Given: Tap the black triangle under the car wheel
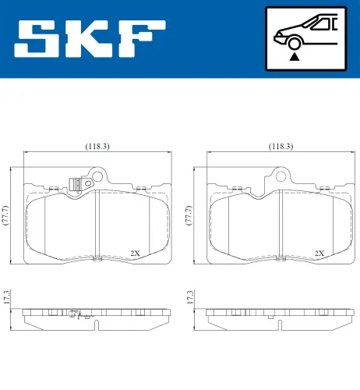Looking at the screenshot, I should [294, 56].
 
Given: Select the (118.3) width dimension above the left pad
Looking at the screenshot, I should [97, 146].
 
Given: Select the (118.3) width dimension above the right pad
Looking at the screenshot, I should [281, 146].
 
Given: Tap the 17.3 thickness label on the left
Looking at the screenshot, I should [7, 296].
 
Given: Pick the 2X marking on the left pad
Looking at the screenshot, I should [135, 253].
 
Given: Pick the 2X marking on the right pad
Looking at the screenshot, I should [319, 253].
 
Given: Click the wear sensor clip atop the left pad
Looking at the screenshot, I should [76, 184].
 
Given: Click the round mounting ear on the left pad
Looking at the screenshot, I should [97, 177].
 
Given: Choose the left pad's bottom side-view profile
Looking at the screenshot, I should [97, 315].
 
